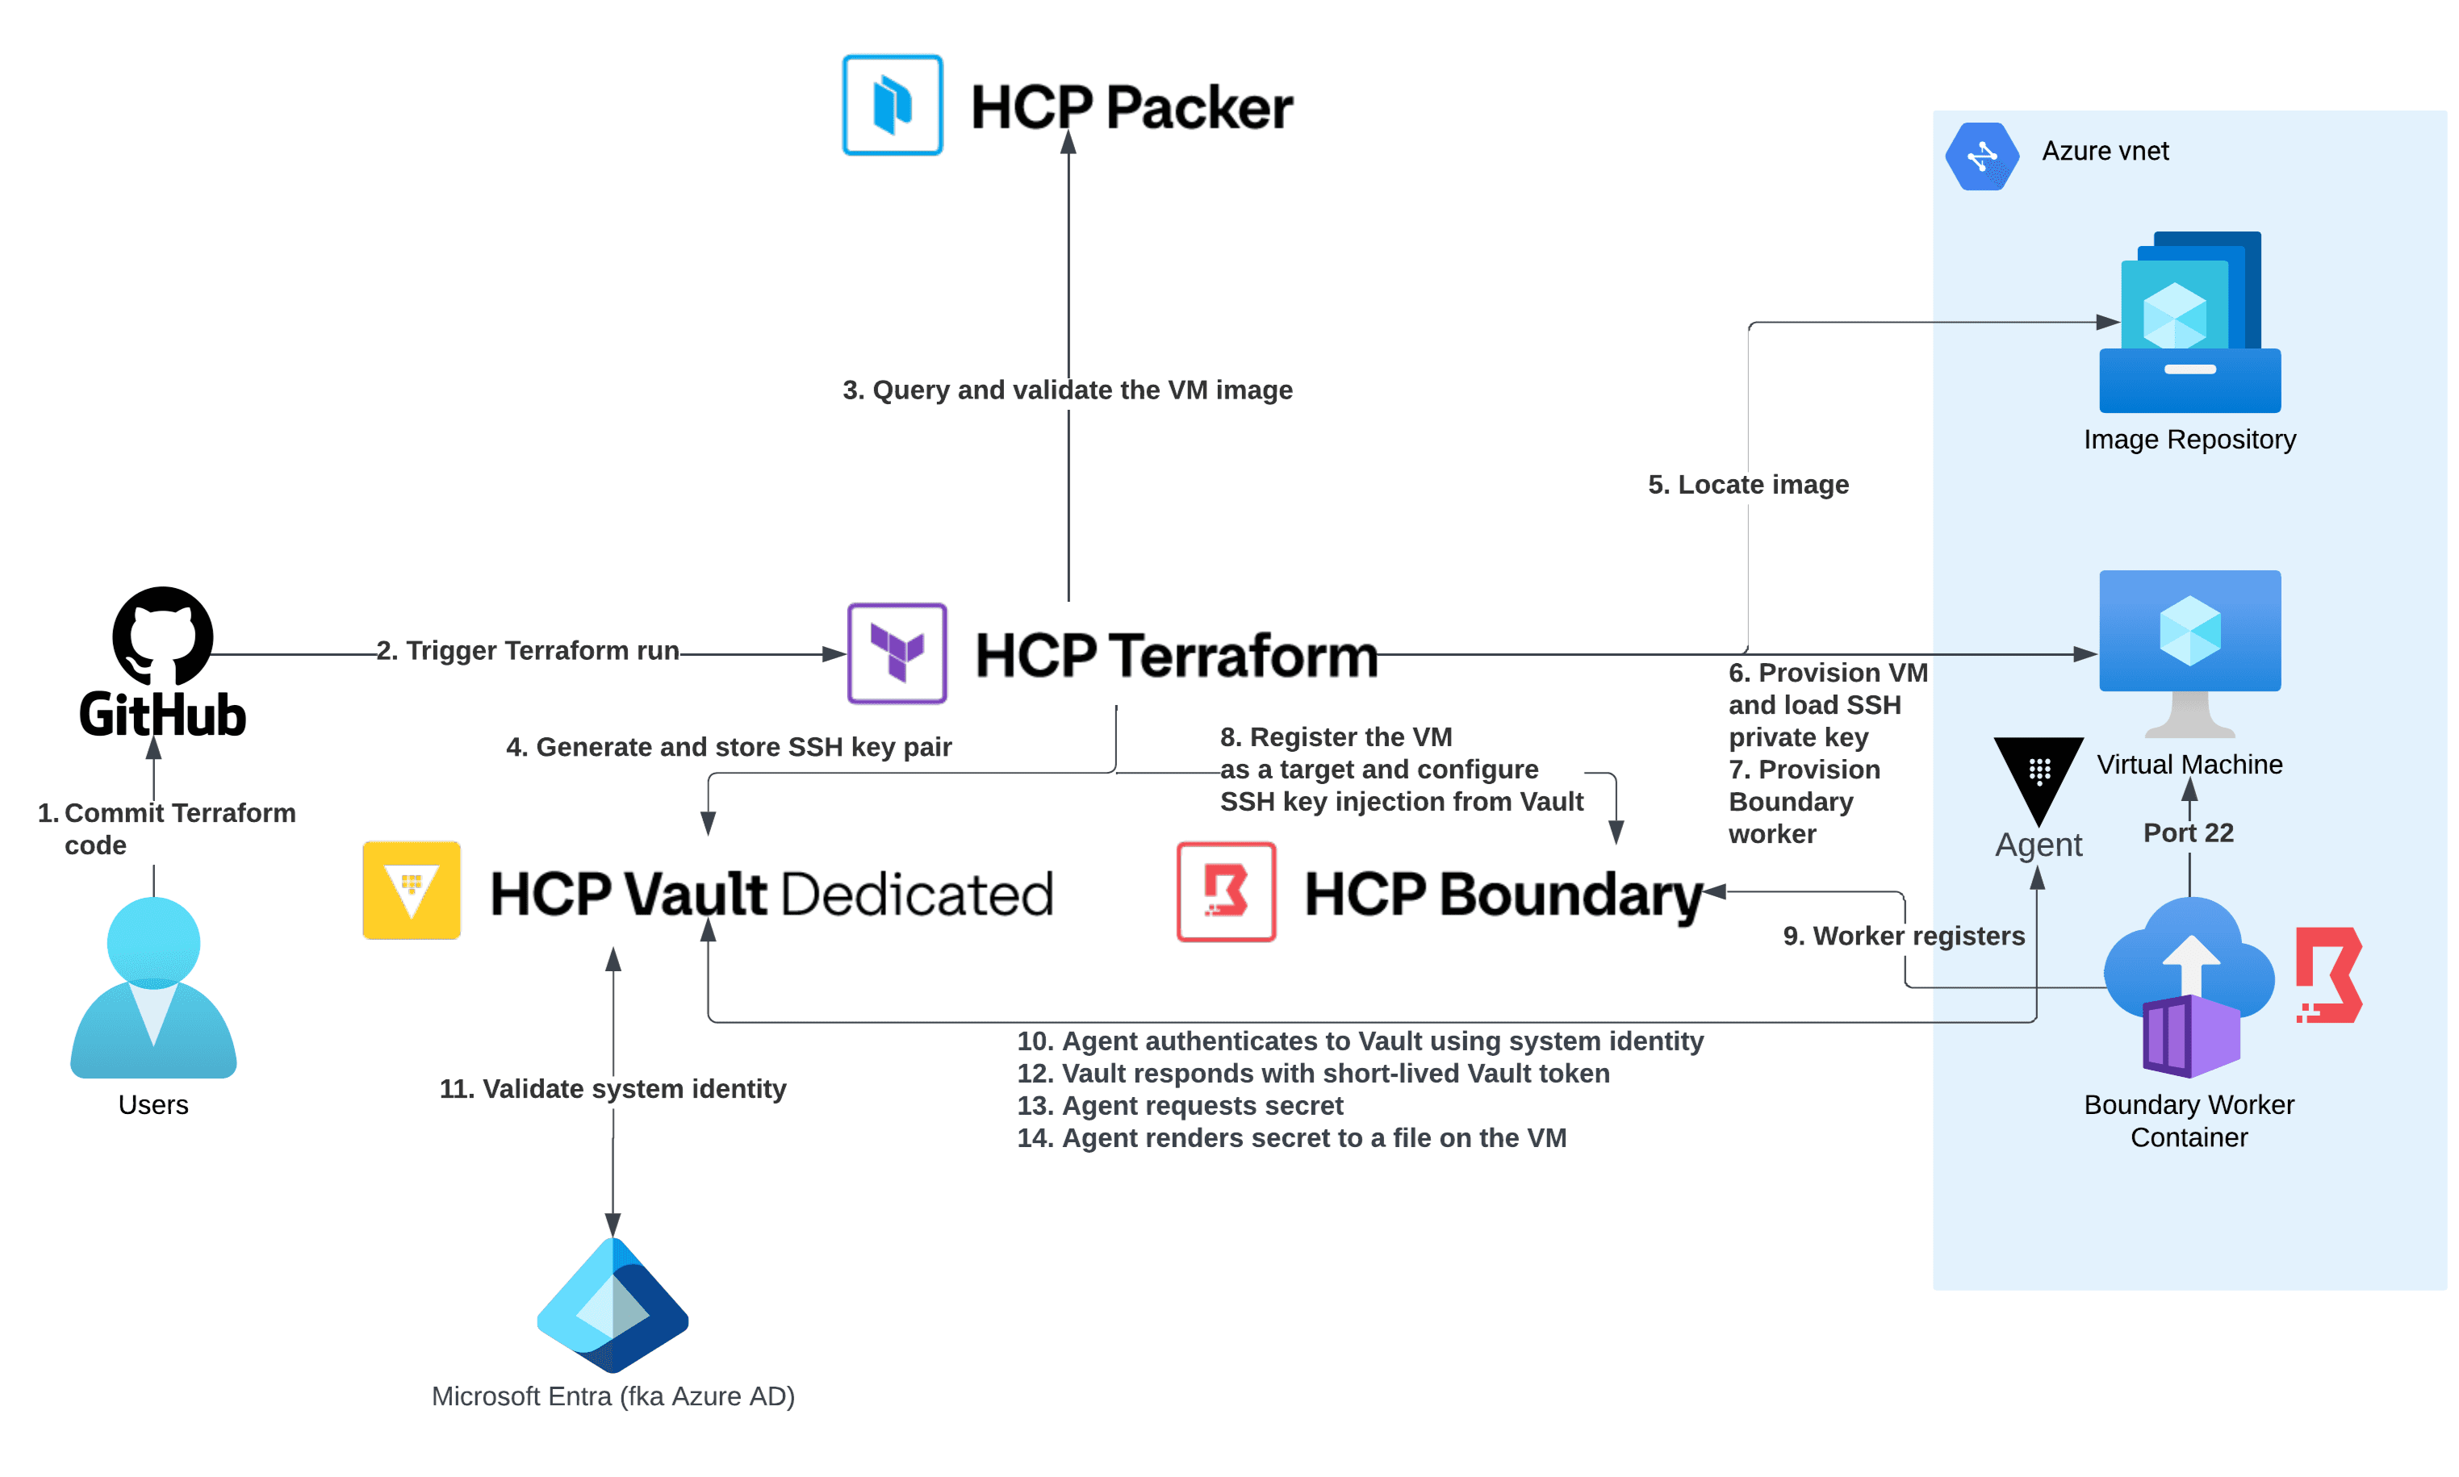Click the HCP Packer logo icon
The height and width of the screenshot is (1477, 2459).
click(x=892, y=105)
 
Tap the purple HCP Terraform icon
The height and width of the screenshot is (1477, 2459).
click(x=896, y=653)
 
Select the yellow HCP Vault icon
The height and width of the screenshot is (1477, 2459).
click(x=411, y=890)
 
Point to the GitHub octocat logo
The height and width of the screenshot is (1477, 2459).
click(x=162, y=635)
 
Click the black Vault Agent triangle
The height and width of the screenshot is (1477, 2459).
click(x=2037, y=774)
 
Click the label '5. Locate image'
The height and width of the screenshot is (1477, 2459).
click(x=1747, y=485)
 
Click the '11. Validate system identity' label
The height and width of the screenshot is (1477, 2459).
click(x=613, y=1088)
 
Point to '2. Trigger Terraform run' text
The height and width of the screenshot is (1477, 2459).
click(x=528, y=650)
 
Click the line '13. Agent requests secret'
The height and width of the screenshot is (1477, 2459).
click(x=1179, y=1105)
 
